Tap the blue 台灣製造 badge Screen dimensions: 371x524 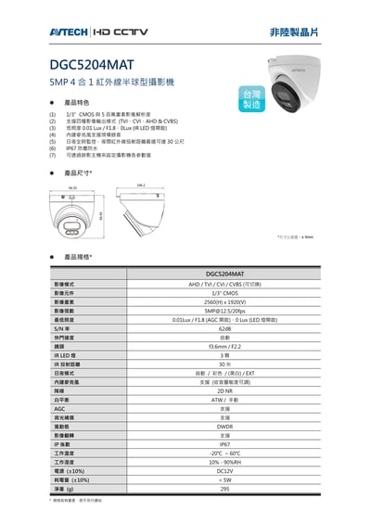click(251, 99)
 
